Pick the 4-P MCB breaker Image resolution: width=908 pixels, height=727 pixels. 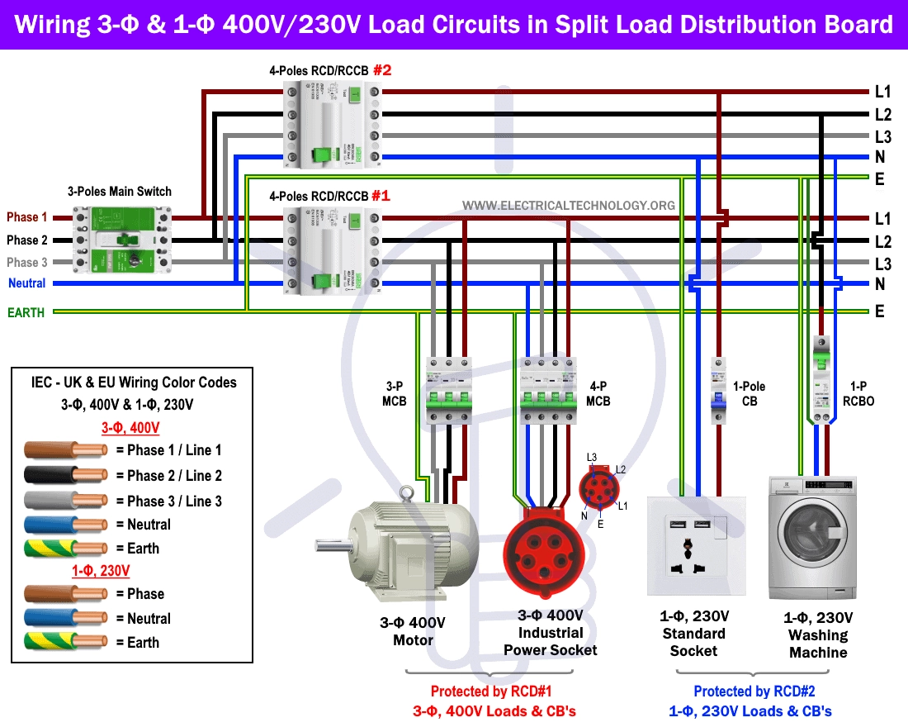(x=547, y=392)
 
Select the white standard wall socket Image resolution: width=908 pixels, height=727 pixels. (x=697, y=544)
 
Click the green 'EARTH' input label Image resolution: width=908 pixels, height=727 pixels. (x=26, y=312)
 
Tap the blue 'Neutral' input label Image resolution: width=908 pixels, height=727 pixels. (x=27, y=283)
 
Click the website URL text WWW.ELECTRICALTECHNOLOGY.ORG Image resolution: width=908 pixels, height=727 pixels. (x=568, y=205)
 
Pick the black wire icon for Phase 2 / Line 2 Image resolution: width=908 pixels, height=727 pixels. (x=66, y=476)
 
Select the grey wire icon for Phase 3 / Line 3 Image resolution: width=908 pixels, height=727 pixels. (x=66, y=501)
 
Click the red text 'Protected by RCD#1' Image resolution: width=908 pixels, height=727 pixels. (x=490, y=691)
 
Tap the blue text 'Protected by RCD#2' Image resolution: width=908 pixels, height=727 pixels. (x=754, y=691)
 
